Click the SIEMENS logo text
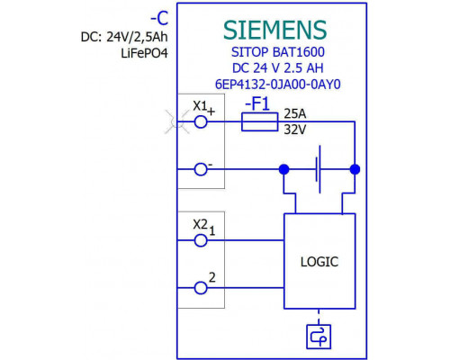(274, 30)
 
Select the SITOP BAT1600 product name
(278, 52)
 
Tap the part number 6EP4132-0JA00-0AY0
(278, 85)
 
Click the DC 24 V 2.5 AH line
(278, 68)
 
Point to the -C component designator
(159, 19)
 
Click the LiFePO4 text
(144, 53)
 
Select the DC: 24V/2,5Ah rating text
(124, 37)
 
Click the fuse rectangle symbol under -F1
(260, 121)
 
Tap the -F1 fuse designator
(257, 104)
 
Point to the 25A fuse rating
(295, 113)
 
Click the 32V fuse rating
(295, 130)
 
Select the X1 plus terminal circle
(201, 121)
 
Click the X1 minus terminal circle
(201, 169)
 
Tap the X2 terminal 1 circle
(201, 240)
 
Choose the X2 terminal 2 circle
(201, 288)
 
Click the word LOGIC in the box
(319, 262)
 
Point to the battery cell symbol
(318, 169)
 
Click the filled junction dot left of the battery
(283, 169)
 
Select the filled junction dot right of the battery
(355, 169)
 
